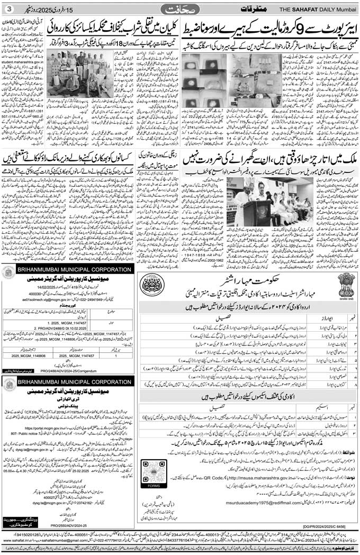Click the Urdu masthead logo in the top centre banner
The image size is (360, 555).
pos(179,9)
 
